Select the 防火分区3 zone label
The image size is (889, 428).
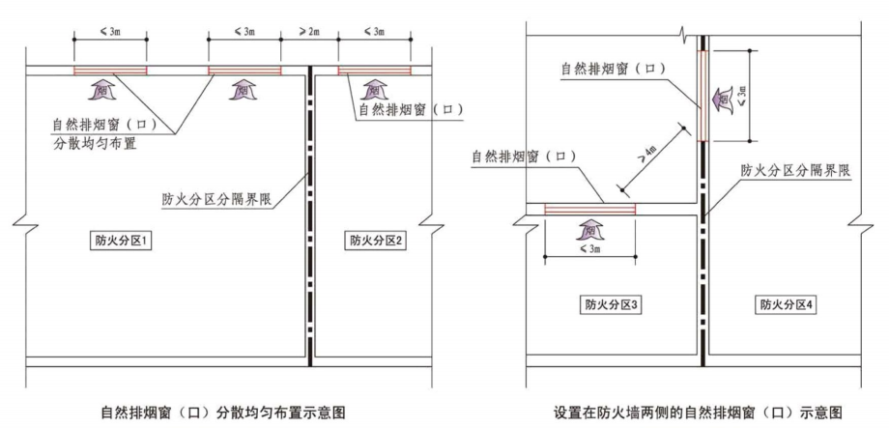606,305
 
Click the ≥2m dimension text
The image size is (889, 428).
308,33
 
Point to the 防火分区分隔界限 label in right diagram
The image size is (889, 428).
794,169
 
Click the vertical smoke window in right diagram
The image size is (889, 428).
703,97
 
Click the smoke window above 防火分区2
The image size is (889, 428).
374,71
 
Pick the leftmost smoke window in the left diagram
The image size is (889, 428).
110,71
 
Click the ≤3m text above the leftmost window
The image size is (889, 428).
110,33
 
